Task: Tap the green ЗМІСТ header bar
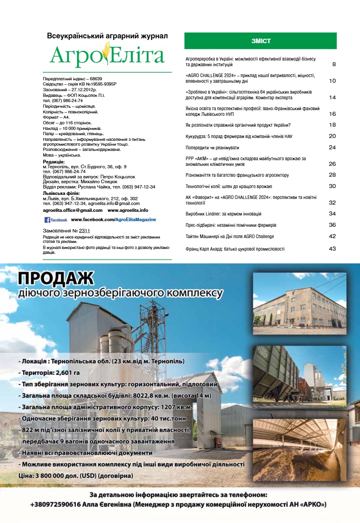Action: [260, 41]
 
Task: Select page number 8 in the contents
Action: [334, 64]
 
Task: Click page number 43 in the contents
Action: [332, 249]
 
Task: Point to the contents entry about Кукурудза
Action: [239, 136]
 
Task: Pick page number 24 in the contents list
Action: [332, 147]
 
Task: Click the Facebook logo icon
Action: [48, 220]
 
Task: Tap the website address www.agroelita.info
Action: [128, 210]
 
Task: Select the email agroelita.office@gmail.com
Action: [73, 210]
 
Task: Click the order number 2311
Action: [84, 231]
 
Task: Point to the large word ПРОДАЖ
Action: [56, 278]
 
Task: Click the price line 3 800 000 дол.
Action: [76, 476]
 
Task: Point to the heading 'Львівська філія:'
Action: [61, 193]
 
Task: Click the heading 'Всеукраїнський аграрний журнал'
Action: [107, 36]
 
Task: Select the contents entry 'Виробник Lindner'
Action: [224, 213]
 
